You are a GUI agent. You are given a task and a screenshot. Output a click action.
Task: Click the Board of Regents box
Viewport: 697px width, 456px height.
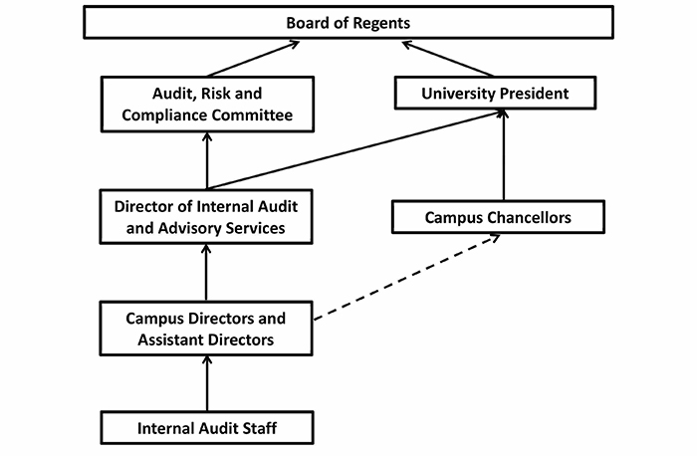pyautogui.click(x=348, y=22)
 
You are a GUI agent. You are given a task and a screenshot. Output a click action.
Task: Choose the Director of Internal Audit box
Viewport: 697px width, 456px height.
pyautogui.click(x=207, y=216)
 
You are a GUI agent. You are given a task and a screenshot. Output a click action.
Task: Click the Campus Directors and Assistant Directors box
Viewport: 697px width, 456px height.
pyautogui.click(x=207, y=329)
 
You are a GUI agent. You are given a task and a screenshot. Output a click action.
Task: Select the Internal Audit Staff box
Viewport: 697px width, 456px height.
pyautogui.click(x=207, y=429)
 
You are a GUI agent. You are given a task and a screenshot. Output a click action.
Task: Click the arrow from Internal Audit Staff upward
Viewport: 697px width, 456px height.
pyautogui.click(x=207, y=384)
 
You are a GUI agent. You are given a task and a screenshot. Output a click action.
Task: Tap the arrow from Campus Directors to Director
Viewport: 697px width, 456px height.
pyautogui.click(x=207, y=273)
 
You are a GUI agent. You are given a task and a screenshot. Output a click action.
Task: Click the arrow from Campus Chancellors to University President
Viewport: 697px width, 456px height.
pyautogui.click(x=503, y=155)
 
